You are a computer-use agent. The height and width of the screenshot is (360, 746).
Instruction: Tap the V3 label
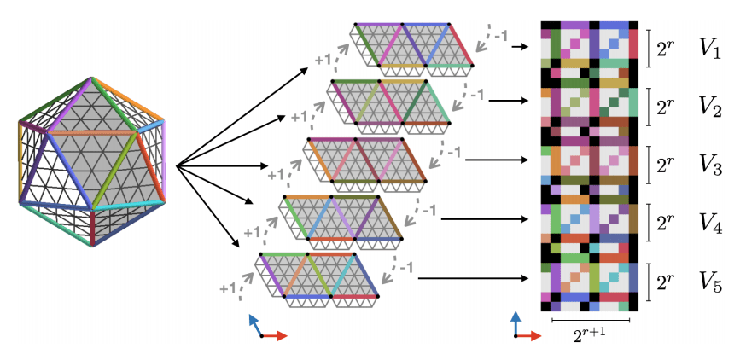(710, 166)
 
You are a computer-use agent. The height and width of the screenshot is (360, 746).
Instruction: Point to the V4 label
(710, 224)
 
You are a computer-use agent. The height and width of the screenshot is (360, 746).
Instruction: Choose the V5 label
(710, 282)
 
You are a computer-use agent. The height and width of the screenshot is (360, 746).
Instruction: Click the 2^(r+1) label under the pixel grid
(592, 336)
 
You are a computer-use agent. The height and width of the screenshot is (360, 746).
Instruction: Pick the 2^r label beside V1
(668, 49)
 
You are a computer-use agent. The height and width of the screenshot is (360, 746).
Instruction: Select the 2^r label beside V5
(668, 280)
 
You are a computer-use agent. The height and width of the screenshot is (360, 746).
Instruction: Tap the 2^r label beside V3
(668, 165)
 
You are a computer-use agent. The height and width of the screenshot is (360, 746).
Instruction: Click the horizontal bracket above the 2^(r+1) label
(591, 321)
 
